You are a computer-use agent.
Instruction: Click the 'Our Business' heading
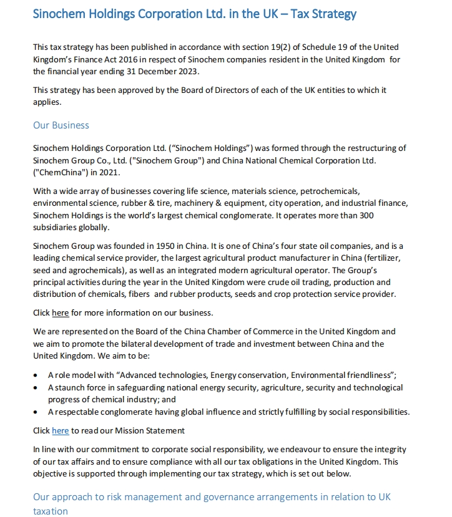61,125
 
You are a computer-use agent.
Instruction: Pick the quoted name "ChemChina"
57,172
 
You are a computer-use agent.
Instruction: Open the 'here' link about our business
61,312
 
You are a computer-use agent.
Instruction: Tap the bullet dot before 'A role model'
34,375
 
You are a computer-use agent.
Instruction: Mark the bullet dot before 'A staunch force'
34,388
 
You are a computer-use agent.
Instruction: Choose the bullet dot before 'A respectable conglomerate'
34,412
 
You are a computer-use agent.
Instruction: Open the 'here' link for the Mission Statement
61,430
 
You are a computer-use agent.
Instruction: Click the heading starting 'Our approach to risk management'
212,498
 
